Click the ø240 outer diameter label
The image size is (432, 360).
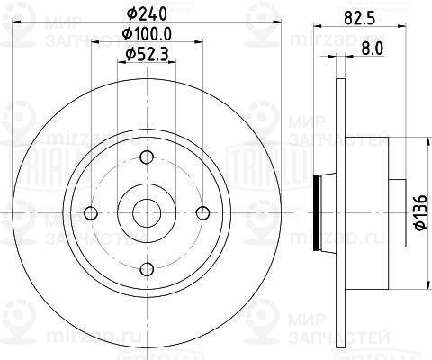(x=145, y=13)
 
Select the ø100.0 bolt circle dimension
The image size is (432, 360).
(x=145, y=35)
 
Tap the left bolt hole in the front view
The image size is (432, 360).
(x=89, y=213)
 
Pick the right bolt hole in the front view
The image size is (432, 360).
(x=202, y=213)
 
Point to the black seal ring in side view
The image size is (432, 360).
(x=315, y=213)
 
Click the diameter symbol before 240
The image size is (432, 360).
(x=130, y=13)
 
